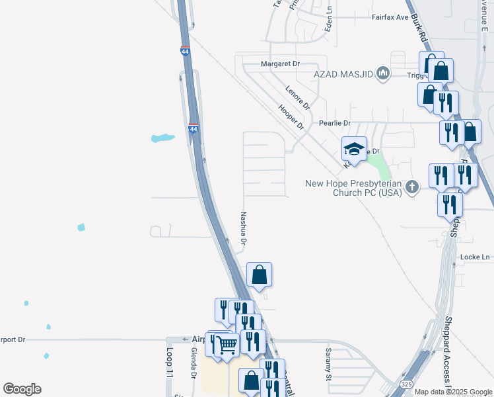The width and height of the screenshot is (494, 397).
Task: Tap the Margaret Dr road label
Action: [281, 64]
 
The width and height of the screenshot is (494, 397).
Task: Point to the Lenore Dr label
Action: [297, 97]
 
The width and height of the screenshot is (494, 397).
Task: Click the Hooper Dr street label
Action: [291, 116]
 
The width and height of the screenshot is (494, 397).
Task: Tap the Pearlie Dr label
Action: [334, 123]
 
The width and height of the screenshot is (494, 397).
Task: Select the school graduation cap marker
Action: [354, 149]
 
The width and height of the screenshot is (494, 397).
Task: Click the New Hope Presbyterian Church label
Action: [353, 188]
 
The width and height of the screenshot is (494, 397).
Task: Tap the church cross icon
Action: [412, 187]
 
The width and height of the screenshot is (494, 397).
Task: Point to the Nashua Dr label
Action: [243, 228]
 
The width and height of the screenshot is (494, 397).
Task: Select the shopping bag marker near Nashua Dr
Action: [260, 274]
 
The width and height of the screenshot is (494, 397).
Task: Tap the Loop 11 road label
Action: [169, 363]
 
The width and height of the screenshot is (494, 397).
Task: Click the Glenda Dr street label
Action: [194, 363]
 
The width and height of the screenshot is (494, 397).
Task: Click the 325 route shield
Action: [407, 383]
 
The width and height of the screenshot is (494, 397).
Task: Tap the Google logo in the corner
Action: [22, 389]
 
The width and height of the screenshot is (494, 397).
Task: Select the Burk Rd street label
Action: [419, 31]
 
